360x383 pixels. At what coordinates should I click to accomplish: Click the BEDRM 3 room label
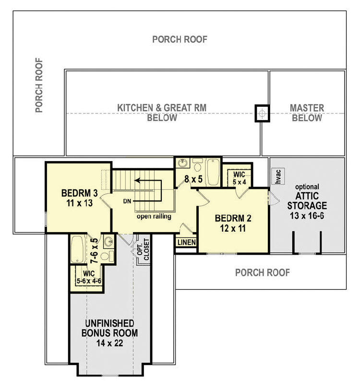80,198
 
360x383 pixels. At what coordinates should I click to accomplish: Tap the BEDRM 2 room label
233,223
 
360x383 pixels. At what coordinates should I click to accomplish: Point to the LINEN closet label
186,242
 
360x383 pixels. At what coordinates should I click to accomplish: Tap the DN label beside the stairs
127,200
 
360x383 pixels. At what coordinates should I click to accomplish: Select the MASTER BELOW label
307,113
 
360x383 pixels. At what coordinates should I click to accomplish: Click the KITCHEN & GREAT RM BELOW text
162,113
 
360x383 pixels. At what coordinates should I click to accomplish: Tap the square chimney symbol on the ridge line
262,113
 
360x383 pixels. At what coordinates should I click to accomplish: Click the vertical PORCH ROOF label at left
39,86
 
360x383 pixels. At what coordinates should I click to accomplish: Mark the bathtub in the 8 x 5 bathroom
212,169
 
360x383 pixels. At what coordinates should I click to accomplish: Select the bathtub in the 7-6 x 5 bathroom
78,249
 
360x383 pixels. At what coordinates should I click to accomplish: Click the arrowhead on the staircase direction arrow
137,181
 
